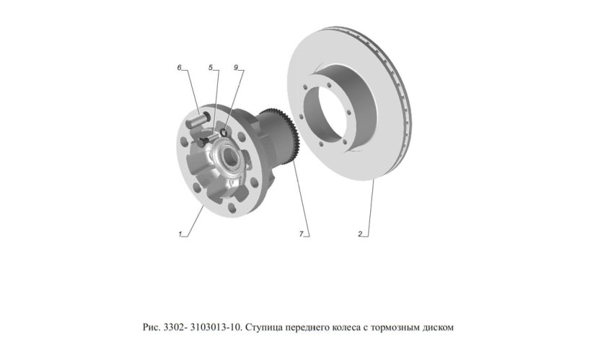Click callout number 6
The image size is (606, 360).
[179, 67]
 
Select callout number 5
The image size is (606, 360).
[211, 67]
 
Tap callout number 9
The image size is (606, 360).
[236, 67]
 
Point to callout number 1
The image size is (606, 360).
[179, 234]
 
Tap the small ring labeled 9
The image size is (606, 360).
[224, 131]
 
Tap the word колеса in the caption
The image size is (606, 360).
[350, 328]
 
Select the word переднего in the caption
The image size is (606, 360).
[309, 328]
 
